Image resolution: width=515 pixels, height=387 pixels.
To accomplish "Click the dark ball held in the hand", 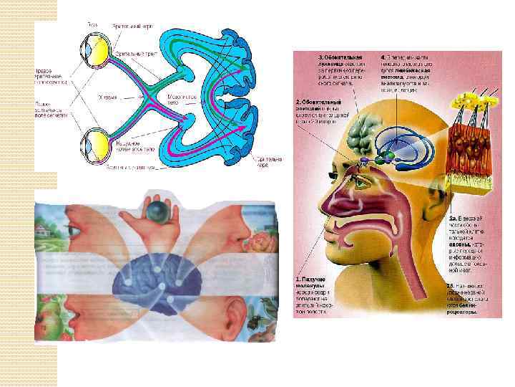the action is click(x=157, y=211).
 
